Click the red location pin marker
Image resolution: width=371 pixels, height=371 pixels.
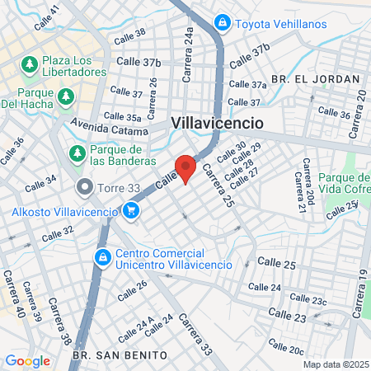point(186,167)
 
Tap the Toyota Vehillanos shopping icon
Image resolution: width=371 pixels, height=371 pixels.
point(221,22)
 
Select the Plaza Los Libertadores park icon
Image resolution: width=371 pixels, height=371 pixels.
point(30,63)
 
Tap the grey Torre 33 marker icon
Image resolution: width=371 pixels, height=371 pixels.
point(83,187)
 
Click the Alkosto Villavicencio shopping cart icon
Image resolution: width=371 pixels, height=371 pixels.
point(130,211)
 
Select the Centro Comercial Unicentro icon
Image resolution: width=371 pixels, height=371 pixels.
point(102,258)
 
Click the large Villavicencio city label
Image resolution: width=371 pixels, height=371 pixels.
point(218,122)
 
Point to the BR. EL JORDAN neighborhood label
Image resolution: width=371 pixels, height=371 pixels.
point(316,79)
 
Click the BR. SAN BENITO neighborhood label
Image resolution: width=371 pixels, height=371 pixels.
point(120,355)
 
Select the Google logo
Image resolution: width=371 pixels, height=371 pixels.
point(27,360)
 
